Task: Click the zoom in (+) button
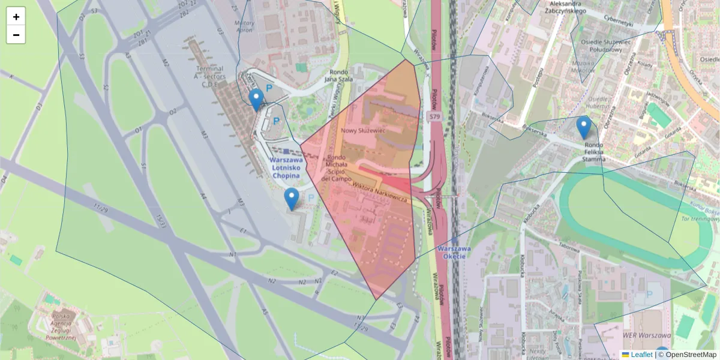point(16,17)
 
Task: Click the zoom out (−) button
point(16,35)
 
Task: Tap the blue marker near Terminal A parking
point(256,100)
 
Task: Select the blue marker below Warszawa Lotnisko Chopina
point(292,199)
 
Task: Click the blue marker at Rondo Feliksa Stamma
point(583,127)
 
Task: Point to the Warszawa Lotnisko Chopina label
point(285,168)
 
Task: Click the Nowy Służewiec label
point(362,130)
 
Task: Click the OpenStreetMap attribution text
point(687,355)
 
